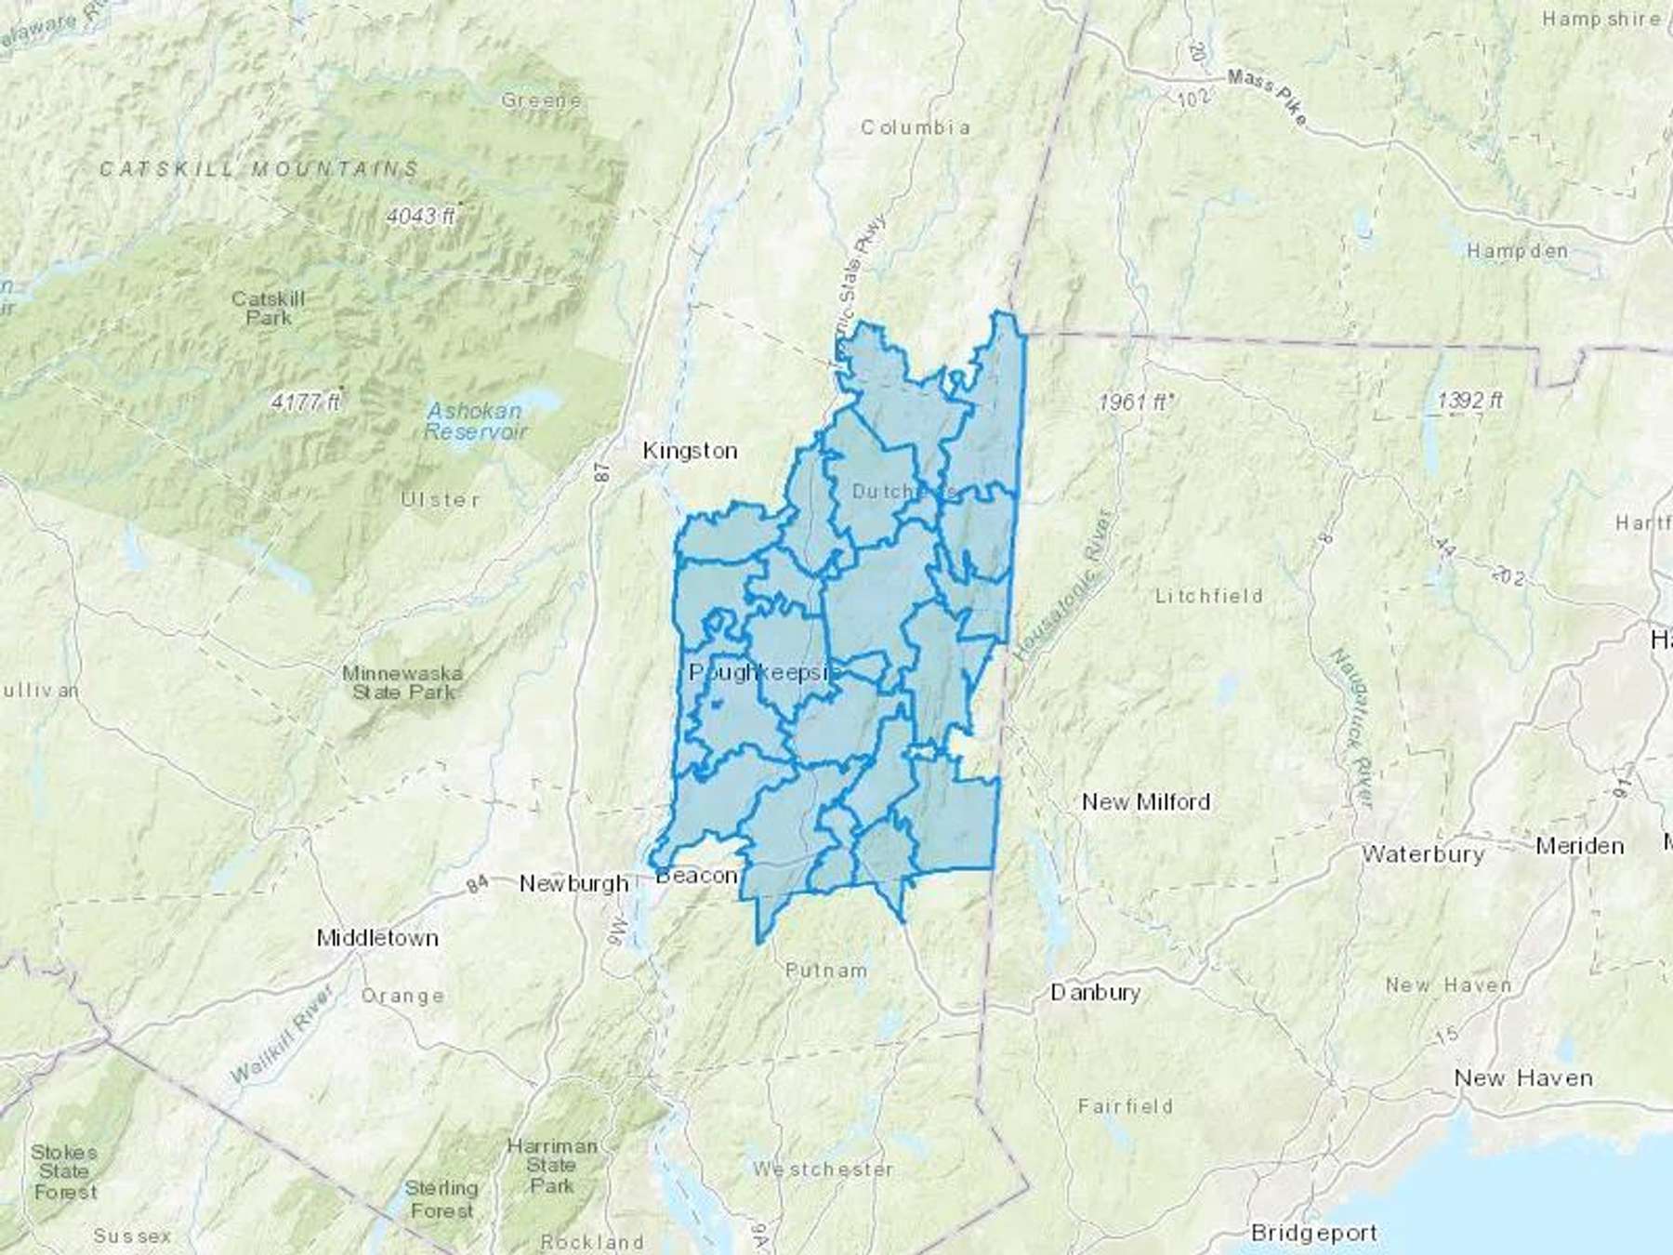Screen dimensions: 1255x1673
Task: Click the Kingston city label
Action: pyautogui.click(x=690, y=451)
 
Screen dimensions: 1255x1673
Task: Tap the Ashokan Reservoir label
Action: pyautogui.click(x=475, y=421)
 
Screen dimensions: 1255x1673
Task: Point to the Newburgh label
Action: pyautogui.click(x=573, y=883)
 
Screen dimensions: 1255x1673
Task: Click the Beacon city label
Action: pyautogui.click(x=697, y=876)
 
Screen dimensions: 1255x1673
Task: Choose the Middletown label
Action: pyautogui.click(x=377, y=937)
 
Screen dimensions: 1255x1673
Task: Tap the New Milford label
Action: pyautogui.click(x=1146, y=801)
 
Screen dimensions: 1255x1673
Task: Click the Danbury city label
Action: pyautogui.click(x=1095, y=992)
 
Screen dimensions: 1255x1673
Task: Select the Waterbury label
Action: pyautogui.click(x=1422, y=853)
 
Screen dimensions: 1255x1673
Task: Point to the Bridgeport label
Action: pyautogui.click(x=1314, y=1233)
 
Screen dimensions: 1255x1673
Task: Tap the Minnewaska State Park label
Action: pyautogui.click(x=402, y=682)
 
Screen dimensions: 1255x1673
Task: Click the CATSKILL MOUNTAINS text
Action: pyautogui.click(x=259, y=169)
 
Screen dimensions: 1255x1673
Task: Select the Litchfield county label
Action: pyautogui.click(x=1208, y=596)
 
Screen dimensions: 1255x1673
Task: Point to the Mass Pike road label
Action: pyautogui.click(x=1267, y=98)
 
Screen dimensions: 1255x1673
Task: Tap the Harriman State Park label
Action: pyautogui.click(x=552, y=1166)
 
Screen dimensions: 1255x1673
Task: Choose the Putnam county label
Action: pyautogui.click(x=825, y=971)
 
